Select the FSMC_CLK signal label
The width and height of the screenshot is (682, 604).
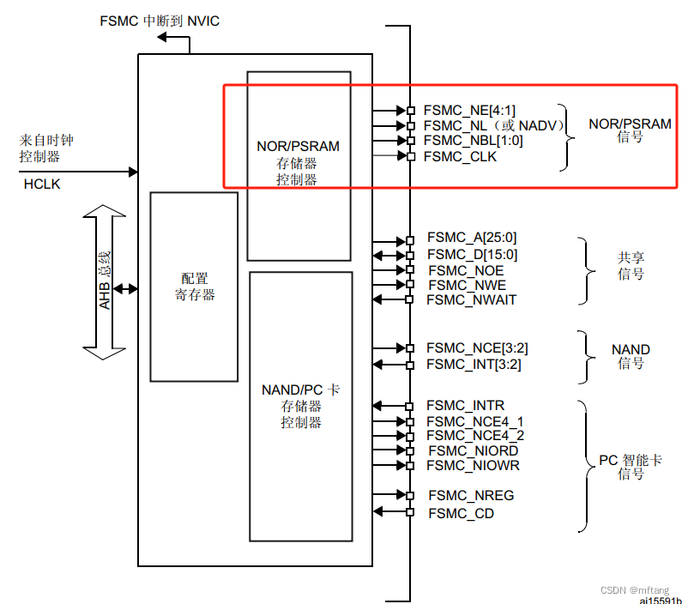pyautogui.click(x=461, y=156)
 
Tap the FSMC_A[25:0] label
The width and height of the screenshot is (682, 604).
pyautogui.click(x=472, y=239)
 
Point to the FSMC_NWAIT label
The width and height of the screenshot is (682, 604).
pyautogui.click(x=472, y=299)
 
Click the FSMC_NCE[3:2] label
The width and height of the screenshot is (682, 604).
pyautogui.click(x=477, y=348)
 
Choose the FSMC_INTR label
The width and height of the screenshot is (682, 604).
pyautogui.click(x=465, y=406)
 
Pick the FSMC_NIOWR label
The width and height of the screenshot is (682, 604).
pyautogui.click(x=474, y=466)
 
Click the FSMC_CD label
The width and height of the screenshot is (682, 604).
pyautogui.click(x=461, y=513)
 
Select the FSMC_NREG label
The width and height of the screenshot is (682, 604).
pyautogui.click(x=471, y=496)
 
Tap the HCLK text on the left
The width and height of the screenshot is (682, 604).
pyautogui.click(x=42, y=184)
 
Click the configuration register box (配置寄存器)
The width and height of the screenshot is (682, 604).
pyautogui.click(x=194, y=287)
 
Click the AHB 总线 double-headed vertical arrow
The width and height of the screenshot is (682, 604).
pyautogui.click(x=104, y=281)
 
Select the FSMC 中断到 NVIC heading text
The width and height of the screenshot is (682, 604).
pyautogui.click(x=160, y=20)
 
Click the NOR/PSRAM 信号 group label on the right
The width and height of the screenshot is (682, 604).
pyautogui.click(x=630, y=130)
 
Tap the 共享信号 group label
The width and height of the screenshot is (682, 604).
pyautogui.click(x=631, y=266)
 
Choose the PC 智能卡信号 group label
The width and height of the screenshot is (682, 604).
pyautogui.click(x=631, y=467)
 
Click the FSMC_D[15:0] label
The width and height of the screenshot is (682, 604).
pyautogui.click(x=472, y=254)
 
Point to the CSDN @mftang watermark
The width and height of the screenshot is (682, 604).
pyautogui.click(x=634, y=590)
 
